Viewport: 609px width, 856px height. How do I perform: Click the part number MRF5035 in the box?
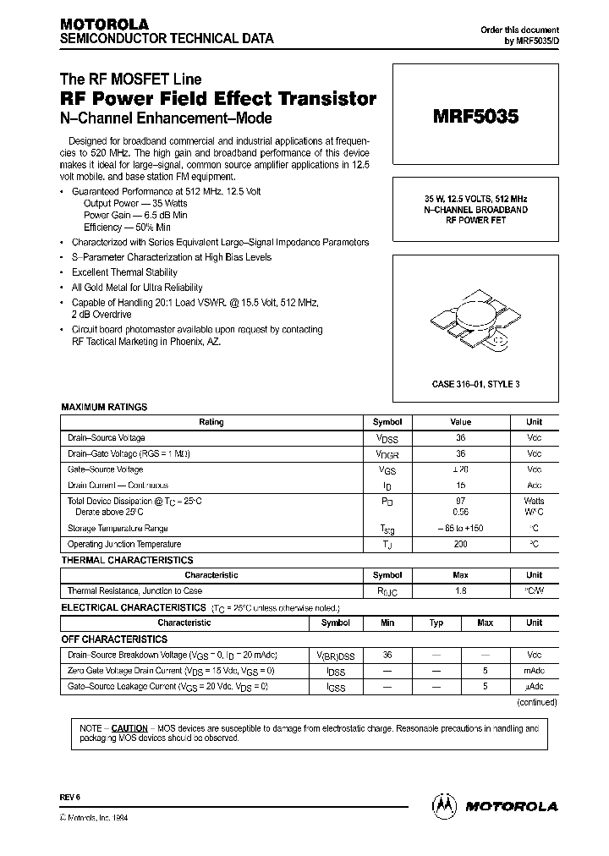478,118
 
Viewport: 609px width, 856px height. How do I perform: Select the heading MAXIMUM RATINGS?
104,407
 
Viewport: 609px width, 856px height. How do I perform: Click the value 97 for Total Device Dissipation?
461,502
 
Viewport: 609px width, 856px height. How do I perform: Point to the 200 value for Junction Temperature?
461,544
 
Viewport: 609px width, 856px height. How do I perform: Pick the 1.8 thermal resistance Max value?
461,590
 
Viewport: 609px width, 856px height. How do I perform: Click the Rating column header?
211,421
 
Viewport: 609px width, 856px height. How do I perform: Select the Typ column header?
436,623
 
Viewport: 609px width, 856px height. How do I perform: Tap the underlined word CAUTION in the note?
129,727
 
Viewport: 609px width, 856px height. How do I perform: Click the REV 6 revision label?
69,798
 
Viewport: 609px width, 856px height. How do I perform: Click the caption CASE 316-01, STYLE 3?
476,383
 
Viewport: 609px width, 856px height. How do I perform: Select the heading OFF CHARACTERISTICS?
114,639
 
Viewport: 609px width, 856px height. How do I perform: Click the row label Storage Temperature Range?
123,528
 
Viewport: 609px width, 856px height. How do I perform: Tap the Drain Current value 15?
461,486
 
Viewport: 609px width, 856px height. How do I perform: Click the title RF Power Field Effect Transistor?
219,99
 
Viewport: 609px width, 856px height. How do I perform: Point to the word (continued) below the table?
536,702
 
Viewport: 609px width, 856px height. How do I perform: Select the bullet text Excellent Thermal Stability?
124,272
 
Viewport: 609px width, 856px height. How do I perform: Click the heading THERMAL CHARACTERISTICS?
127,560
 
